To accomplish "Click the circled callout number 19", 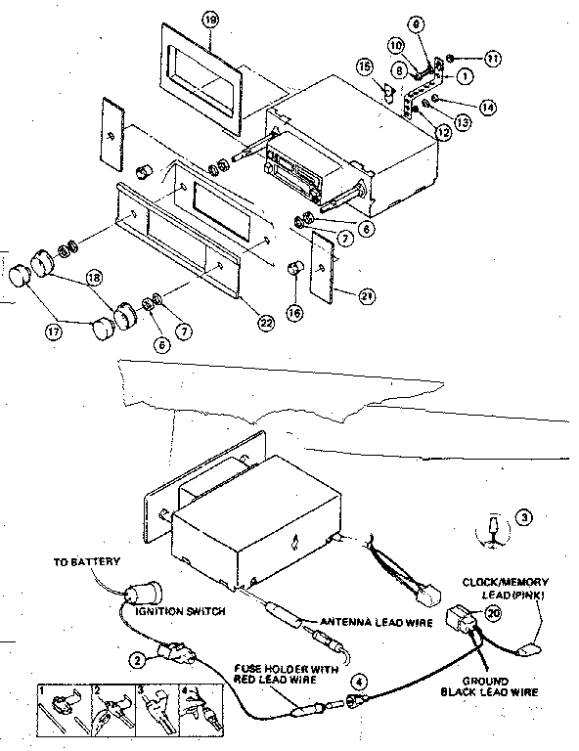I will tap(207, 20).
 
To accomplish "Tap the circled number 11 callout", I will tap(492, 59).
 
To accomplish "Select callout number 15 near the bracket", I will tap(392, 67).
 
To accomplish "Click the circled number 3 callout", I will tap(525, 517).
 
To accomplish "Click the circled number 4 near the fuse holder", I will tap(360, 681).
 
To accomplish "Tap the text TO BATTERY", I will tap(88, 562).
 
